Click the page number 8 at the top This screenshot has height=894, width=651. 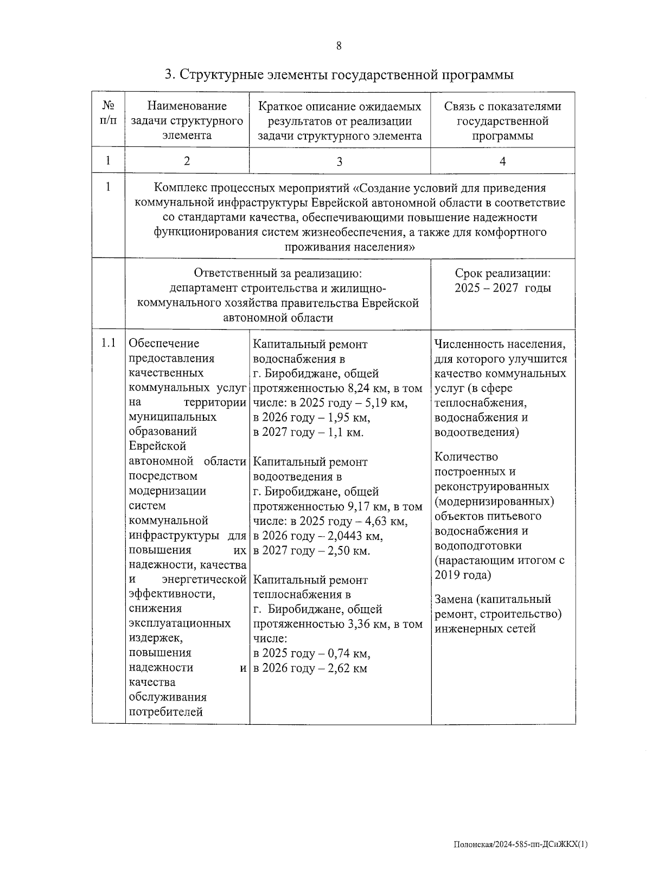click(x=339, y=46)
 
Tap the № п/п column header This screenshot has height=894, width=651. click(x=108, y=113)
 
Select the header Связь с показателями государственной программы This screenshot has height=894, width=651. click(x=502, y=121)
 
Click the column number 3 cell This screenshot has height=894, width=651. click(x=340, y=161)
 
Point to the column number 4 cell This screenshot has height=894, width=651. click(x=502, y=161)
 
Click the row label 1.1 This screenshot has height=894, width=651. click(x=108, y=343)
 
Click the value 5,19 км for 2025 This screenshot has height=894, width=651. click(x=387, y=403)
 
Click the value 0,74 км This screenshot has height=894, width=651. click(x=350, y=653)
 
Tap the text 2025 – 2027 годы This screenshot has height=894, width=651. click(x=502, y=288)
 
